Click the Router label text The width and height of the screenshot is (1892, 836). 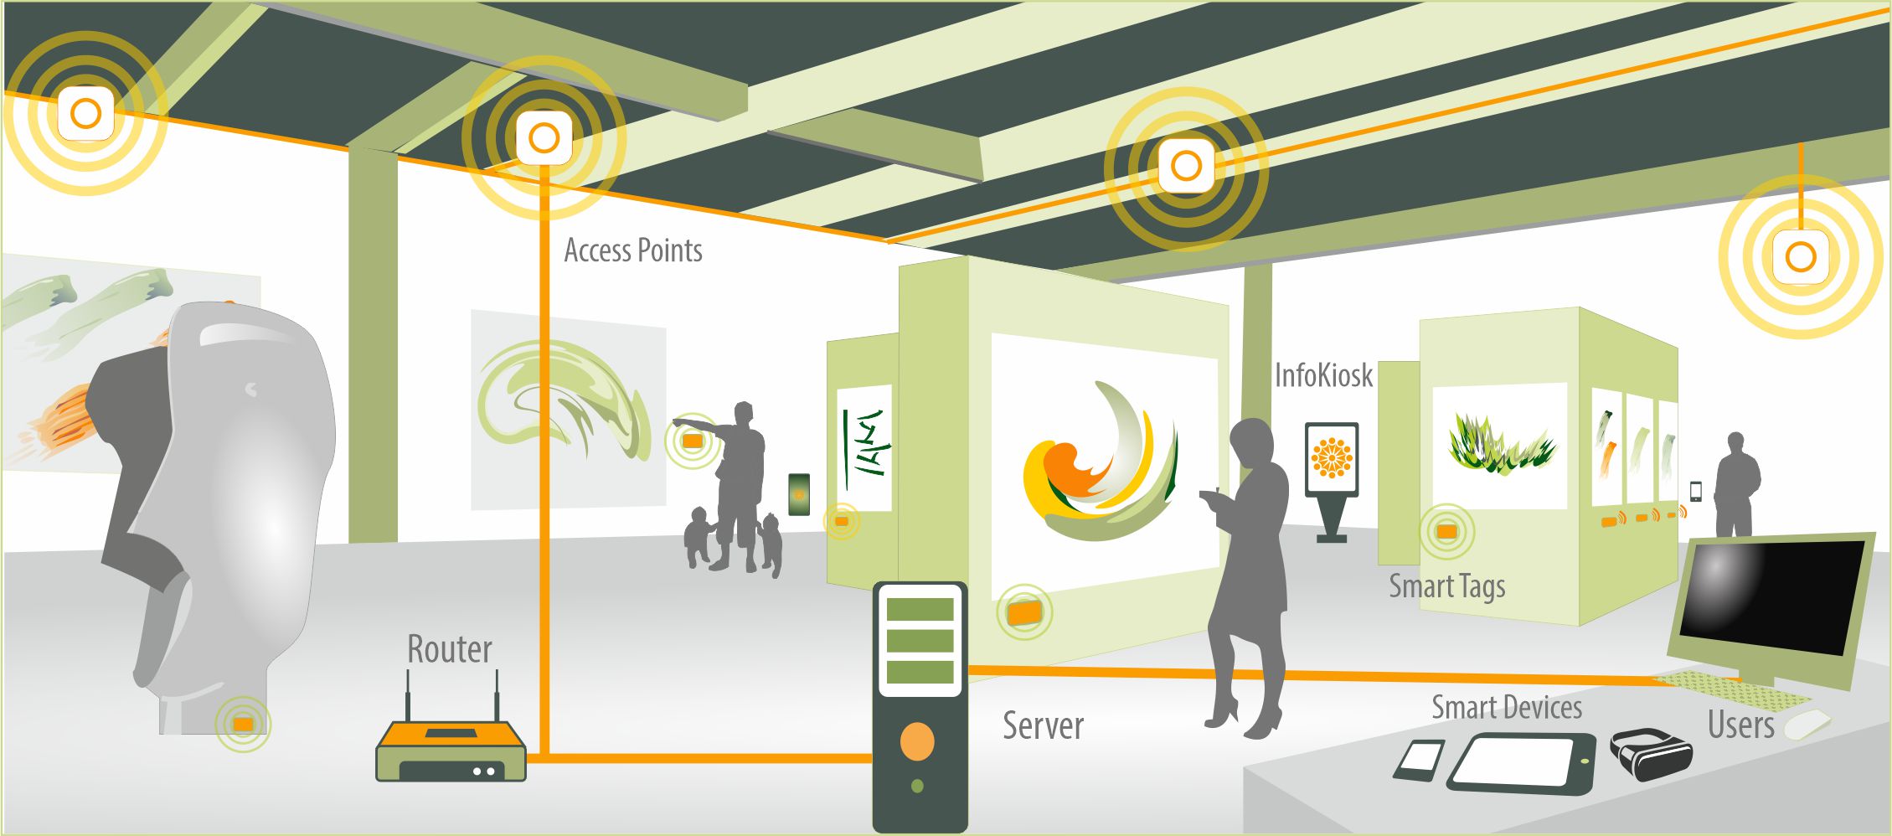[449, 650]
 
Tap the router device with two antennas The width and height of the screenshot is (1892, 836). [451, 751]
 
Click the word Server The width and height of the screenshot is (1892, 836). [1043, 726]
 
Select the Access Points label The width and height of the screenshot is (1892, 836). [632, 250]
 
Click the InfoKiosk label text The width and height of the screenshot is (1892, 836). [1323, 376]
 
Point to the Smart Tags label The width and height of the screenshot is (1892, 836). [1446, 586]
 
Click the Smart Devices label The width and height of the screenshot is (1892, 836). [1506, 708]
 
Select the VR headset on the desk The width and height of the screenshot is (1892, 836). [1651, 753]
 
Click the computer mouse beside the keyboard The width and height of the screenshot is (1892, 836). [1807, 724]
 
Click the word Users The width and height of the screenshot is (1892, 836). [1740, 725]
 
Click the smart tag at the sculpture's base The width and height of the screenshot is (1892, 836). [243, 724]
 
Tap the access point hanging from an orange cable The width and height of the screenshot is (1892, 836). [1800, 256]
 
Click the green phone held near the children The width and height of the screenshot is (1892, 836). [799, 494]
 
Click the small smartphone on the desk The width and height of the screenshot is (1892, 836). [1419, 760]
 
